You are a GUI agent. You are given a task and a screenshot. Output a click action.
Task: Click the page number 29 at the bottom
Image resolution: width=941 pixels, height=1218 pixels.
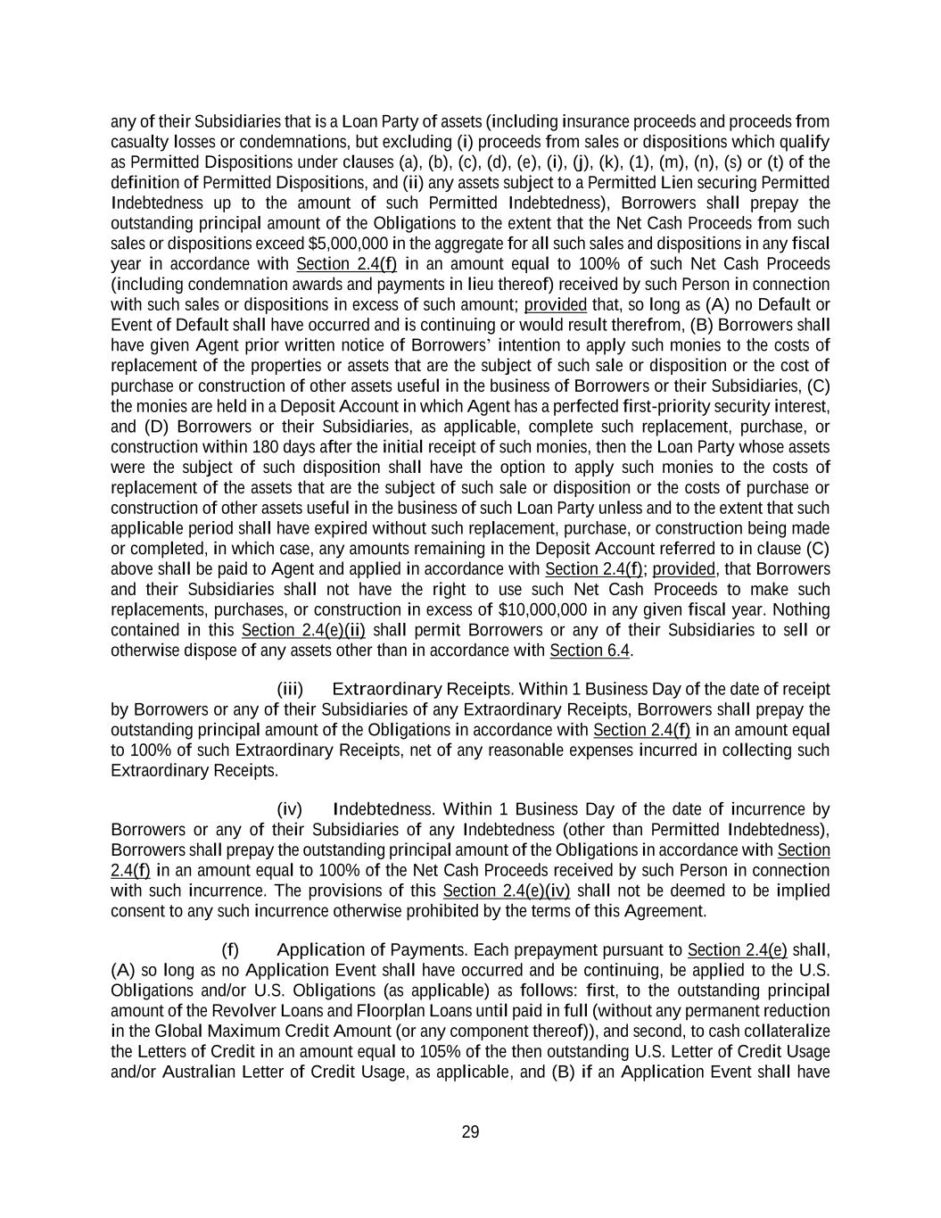pyautogui.click(x=470, y=1132)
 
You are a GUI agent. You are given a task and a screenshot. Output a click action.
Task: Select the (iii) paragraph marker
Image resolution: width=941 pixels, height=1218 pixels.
pyautogui.click(x=290, y=689)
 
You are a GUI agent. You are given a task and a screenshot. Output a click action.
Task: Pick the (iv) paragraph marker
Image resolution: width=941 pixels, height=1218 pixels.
pyautogui.click(x=290, y=809)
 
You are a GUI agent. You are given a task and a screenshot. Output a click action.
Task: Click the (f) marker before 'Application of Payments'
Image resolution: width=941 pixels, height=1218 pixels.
pyautogui.click(x=230, y=949)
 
